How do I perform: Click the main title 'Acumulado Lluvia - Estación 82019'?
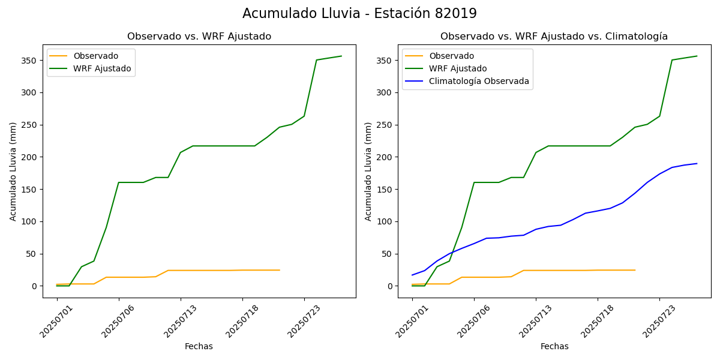point(359,13)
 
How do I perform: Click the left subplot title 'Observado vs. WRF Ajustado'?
point(199,37)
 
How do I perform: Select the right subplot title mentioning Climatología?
point(554,37)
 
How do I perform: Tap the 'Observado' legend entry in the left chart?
point(95,56)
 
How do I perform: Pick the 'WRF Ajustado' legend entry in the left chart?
point(102,68)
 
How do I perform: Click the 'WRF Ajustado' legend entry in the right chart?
point(457,68)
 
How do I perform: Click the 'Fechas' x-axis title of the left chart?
point(199,346)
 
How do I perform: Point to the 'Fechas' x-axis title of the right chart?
point(554,346)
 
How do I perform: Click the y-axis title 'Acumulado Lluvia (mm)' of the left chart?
point(13,171)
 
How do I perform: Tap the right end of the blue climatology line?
point(697,163)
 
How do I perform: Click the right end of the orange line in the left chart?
point(280,270)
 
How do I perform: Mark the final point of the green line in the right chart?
point(697,56)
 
